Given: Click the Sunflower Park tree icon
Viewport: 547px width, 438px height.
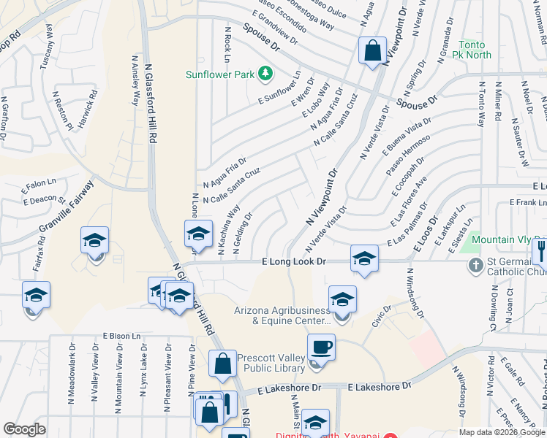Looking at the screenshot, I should tap(265, 74).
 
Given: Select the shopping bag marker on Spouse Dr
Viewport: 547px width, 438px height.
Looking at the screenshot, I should tap(372, 51).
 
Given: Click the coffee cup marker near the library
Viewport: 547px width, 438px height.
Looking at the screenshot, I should tap(320, 347).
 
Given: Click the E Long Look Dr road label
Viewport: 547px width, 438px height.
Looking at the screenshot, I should tap(293, 261).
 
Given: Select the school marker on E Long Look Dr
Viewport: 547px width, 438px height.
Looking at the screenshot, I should tap(364, 258).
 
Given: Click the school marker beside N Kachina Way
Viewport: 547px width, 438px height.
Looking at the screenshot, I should tap(197, 234).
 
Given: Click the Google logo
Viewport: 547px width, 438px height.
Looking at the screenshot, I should tap(24, 429).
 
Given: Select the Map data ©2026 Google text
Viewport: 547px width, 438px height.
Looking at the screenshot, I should tap(502, 432).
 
